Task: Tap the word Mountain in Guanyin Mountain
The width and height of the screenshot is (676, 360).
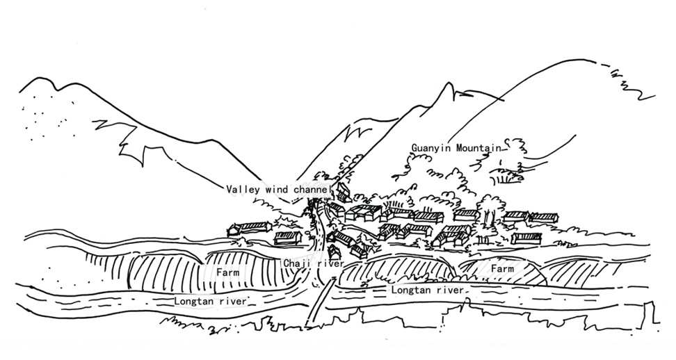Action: pos(479,148)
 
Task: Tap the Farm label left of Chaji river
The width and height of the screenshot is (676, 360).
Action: pos(227,272)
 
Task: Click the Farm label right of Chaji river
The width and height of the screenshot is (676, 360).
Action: pos(503,269)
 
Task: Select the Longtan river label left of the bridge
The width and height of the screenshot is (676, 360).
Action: pos(211,301)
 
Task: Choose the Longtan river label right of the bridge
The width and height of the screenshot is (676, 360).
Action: pos(427,290)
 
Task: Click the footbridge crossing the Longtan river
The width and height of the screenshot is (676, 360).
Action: pos(320,302)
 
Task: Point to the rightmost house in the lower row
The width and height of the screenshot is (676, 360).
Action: pos(526,238)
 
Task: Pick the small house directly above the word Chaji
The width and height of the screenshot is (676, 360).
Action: pos(333,252)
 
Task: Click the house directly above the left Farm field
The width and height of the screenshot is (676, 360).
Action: pos(288,238)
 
